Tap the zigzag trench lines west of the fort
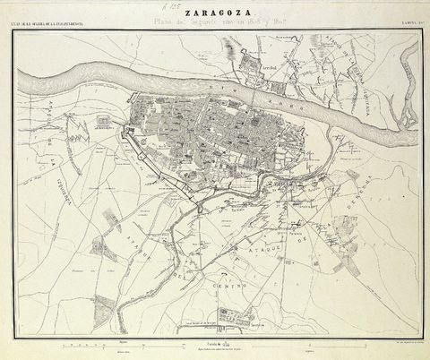pyautogui.click(x=82, y=134)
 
